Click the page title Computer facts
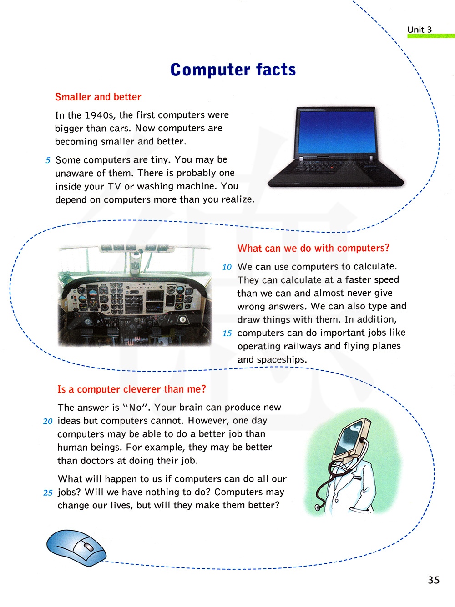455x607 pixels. tap(233, 70)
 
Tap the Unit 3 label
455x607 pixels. tap(419, 30)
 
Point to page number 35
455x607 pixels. tap(433, 580)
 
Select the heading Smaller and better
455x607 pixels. tap(98, 97)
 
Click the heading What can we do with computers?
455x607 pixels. tap(313, 248)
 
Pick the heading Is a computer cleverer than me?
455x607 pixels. tap(131, 389)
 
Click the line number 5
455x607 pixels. tap(48, 160)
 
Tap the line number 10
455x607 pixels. tap(227, 267)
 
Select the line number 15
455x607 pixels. tap(227, 333)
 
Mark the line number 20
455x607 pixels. tap(48, 421)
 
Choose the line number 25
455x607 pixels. tap(48, 493)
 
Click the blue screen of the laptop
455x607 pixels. tap(337, 132)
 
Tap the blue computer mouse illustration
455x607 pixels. tap(76, 547)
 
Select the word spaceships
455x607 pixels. tap(281, 359)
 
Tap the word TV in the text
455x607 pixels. tap(114, 186)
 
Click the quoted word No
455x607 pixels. tap(136, 408)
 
